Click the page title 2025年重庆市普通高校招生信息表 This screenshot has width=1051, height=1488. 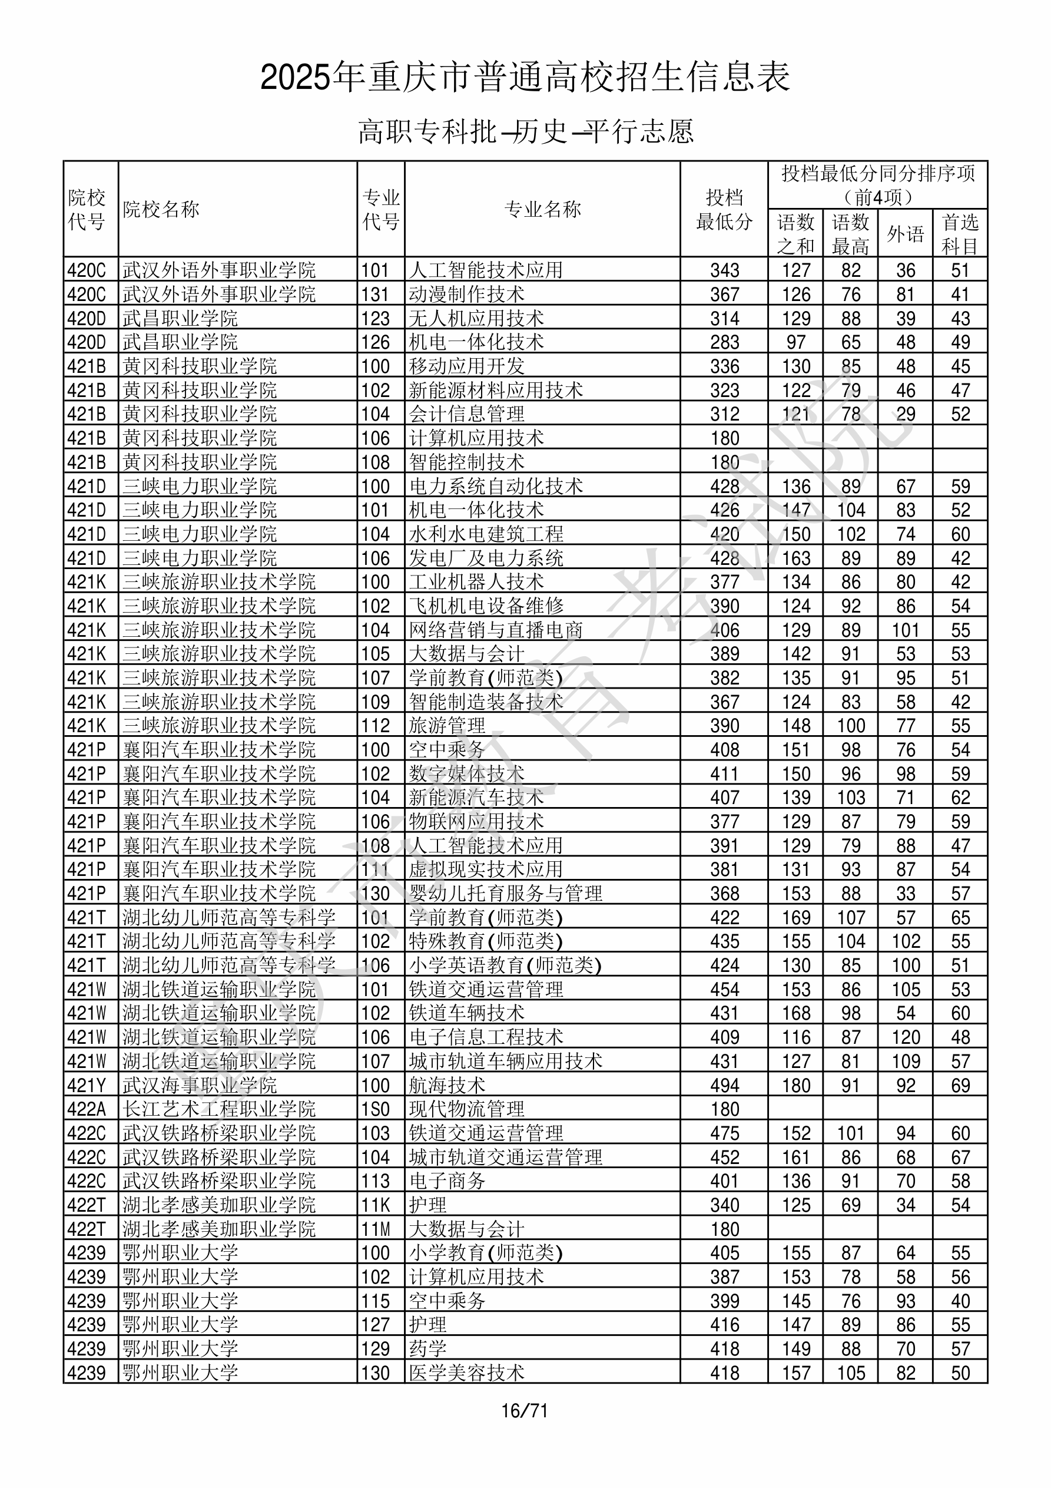point(525,78)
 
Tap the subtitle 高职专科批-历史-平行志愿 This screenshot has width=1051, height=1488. point(525,131)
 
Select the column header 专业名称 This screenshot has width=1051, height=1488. point(542,209)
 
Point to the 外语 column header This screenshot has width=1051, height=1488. point(905,234)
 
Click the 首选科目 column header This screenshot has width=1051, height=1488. point(960,234)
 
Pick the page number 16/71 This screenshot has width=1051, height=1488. point(525,1411)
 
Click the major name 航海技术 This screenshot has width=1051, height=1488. point(447,1085)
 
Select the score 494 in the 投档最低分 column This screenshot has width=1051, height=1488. point(724,1085)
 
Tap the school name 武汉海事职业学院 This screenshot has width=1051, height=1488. point(200,1085)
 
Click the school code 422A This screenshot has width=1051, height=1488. point(86,1109)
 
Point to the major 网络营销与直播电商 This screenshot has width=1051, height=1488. point(496,629)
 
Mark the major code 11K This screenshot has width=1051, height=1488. point(376,1205)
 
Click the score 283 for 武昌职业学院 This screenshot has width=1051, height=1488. point(724,342)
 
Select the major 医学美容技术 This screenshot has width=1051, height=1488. point(466,1373)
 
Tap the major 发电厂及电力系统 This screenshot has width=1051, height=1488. point(486,558)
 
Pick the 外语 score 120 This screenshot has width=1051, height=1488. point(905,1037)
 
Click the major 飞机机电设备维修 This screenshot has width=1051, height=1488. point(486,606)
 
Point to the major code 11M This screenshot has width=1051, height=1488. point(376,1229)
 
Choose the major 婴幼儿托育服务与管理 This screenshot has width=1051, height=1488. point(505,893)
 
